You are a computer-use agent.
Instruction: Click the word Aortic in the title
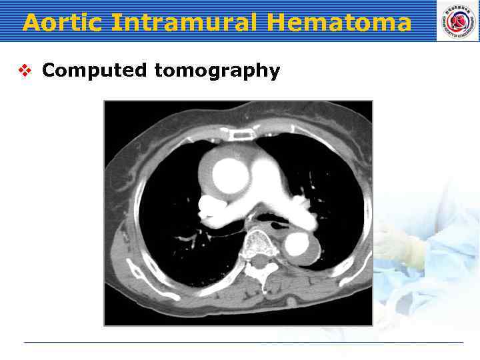(63, 23)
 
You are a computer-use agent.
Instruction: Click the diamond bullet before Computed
(26, 70)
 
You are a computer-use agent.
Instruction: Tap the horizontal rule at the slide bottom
(243, 343)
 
